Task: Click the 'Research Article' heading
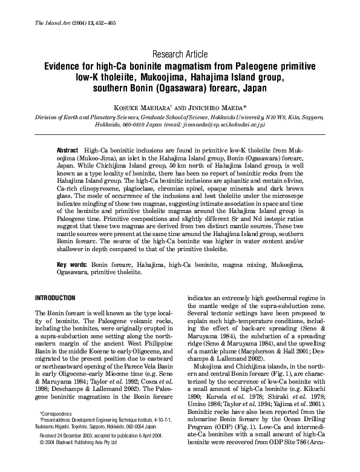click(x=180, y=54)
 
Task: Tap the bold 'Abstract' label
click(x=67, y=149)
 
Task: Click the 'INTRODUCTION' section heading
click(x=55, y=298)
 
